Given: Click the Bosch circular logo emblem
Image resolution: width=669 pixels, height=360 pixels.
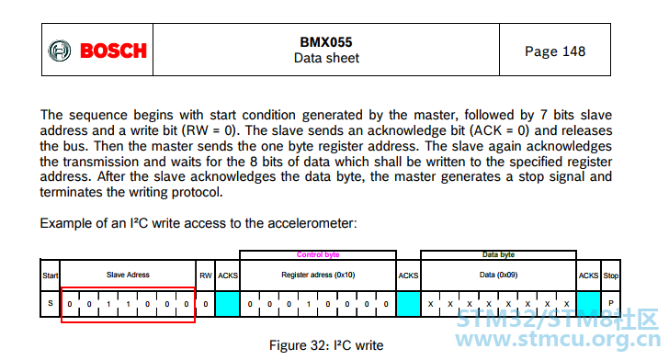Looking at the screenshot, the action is [60, 51].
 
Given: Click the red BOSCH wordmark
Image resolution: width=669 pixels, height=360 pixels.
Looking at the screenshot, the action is [114, 51].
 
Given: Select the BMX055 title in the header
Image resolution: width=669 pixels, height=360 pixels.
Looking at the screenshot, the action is [326, 42].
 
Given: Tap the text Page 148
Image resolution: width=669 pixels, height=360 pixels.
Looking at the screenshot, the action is [555, 51].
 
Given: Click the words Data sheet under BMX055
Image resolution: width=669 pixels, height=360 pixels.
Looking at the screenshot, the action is [326, 58].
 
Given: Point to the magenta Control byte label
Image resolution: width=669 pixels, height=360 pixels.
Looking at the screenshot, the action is [318, 254].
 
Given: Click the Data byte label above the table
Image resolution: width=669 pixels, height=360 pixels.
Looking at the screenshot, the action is [498, 254].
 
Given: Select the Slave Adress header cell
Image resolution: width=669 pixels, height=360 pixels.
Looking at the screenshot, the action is [128, 276].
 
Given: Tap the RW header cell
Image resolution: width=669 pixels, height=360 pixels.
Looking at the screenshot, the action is [205, 276].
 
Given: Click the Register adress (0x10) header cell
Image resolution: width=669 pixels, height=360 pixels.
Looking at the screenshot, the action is [318, 276].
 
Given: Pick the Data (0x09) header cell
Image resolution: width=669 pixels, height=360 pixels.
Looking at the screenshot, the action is [498, 276].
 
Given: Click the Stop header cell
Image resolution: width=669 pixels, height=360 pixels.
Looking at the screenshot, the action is [610, 276].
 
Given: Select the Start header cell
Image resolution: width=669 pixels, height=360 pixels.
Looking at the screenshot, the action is [50, 276].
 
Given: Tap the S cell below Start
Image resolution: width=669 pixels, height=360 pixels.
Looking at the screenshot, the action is [51, 304].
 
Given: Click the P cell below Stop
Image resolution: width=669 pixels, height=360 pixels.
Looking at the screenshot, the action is [610, 304].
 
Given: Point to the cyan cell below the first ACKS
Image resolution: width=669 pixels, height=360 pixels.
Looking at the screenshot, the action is [227, 304].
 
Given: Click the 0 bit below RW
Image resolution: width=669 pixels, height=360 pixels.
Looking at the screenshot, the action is [206, 304].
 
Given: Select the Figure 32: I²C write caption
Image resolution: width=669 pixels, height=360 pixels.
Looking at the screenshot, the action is [326, 345].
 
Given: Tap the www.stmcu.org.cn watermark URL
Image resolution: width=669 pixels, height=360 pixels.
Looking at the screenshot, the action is [558, 340].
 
